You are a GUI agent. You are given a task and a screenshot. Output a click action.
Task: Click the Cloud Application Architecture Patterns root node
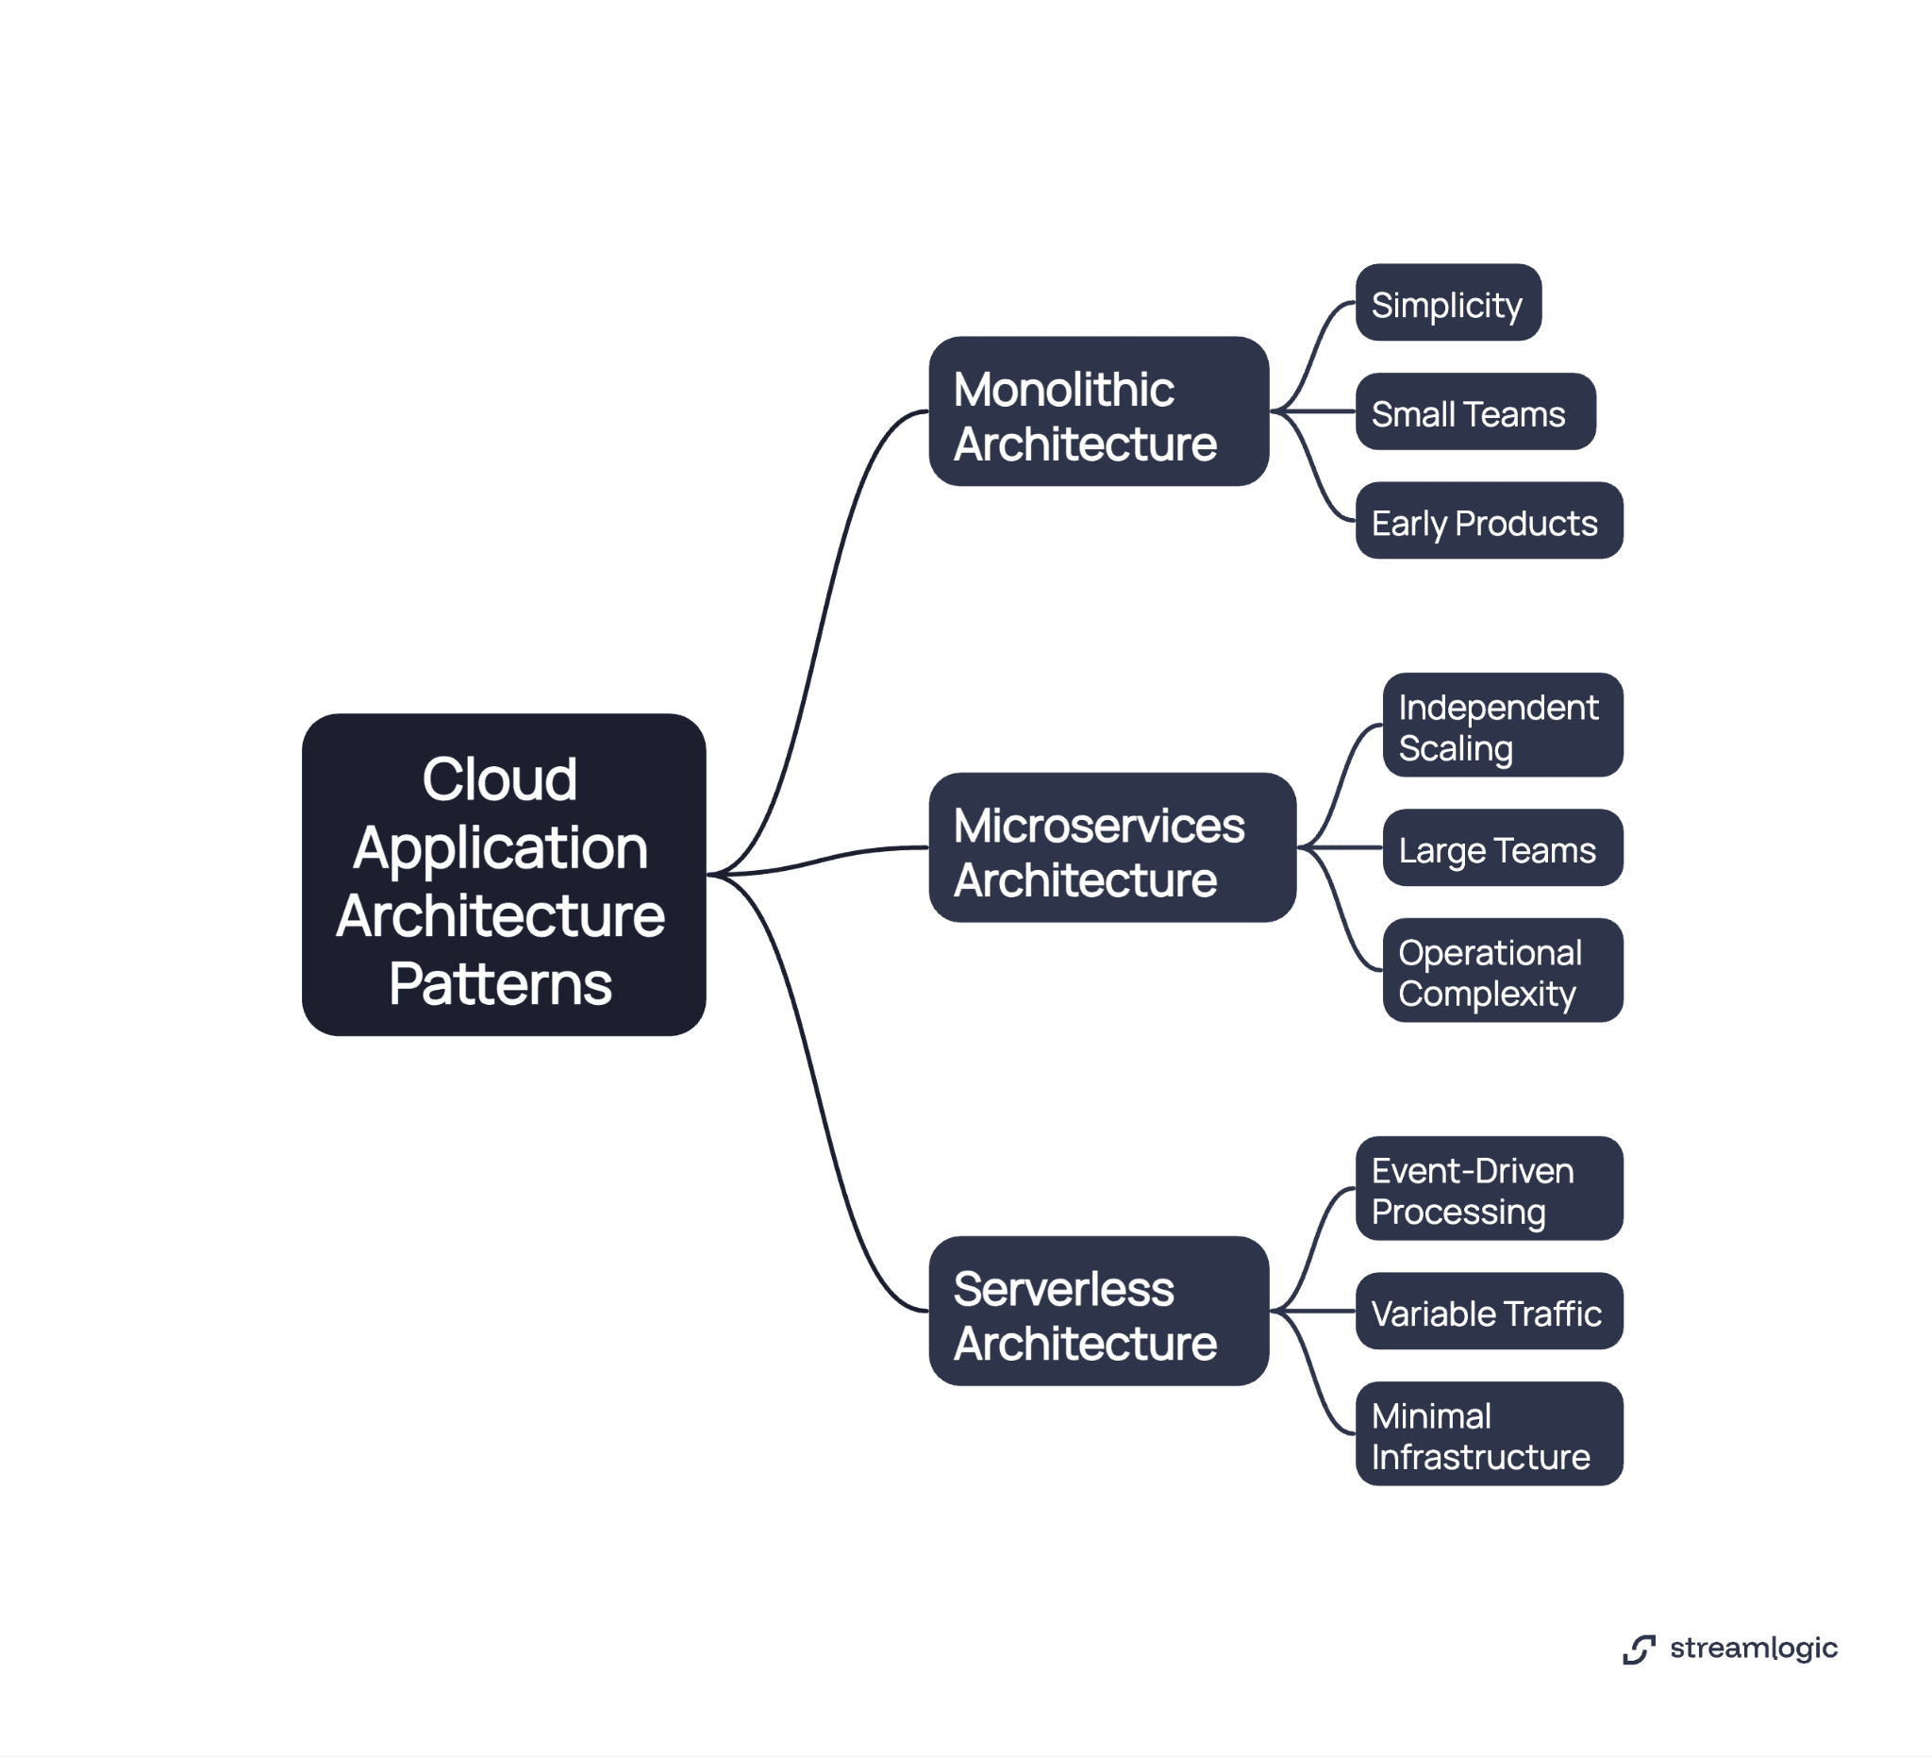click(503, 873)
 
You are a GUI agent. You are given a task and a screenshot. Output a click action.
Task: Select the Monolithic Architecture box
click(1098, 411)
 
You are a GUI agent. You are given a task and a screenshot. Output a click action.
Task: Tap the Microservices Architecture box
click(1111, 847)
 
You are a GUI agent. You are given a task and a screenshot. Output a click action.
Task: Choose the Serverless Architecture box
click(1098, 1311)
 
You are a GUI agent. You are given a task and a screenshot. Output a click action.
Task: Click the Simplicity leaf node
click(1447, 303)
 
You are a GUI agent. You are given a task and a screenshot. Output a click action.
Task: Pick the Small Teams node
click(1474, 412)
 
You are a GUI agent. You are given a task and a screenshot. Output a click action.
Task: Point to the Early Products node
click(1489, 521)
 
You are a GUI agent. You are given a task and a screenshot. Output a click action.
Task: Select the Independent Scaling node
click(1502, 725)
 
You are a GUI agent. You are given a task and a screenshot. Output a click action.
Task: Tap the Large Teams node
click(1502, 847)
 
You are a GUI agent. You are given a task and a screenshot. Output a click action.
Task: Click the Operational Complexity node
click(1502, 970)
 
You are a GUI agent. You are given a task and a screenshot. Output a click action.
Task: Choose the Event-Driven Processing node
click(1489, 1189)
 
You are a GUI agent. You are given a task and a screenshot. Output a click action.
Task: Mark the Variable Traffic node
click(1489, 1312)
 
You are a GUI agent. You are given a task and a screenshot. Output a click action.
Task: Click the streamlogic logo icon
click(1639, 1648)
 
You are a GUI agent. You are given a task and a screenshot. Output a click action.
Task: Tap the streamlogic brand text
click(1753, 1648)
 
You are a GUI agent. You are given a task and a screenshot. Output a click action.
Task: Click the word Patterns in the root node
click(500, 984)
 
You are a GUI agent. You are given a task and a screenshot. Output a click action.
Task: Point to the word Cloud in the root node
click(500, 779)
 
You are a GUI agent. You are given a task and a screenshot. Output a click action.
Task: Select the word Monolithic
click(1064, 390)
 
